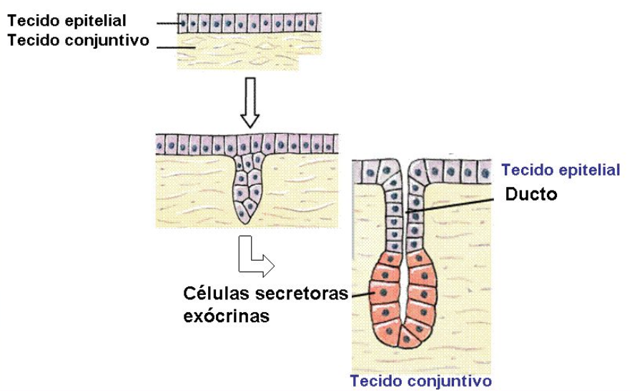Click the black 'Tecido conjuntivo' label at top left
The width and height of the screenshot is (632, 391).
pos(79,40)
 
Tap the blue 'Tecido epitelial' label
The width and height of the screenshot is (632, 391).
pos(561,170)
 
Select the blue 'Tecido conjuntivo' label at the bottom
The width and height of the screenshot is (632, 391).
pos(420,380)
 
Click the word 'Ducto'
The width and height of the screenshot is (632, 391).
pos(530,194)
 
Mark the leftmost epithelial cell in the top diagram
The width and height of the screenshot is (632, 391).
pos(183,22)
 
